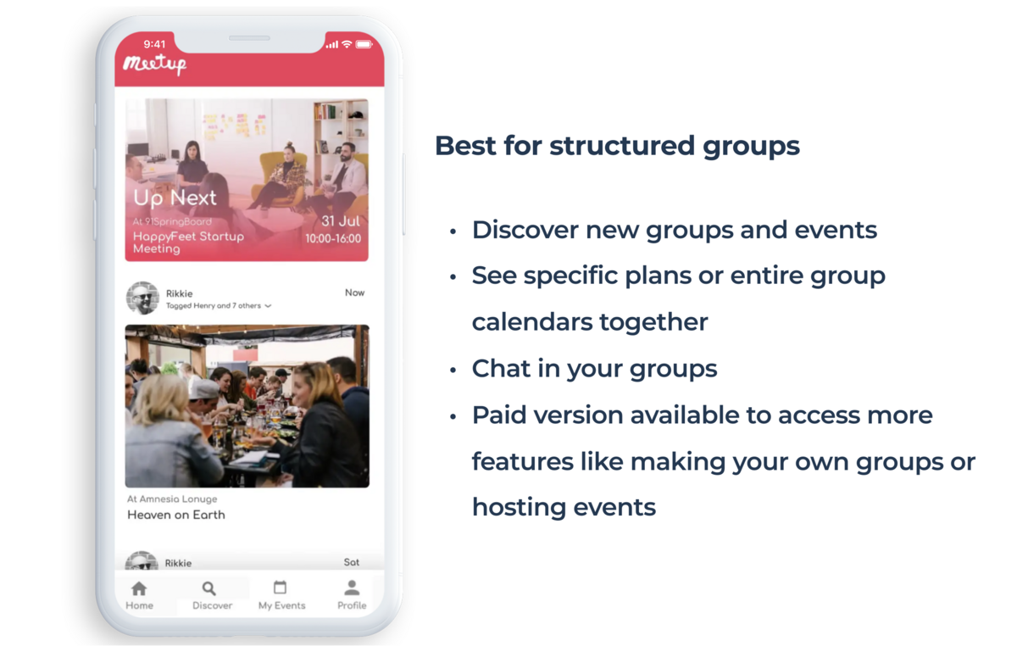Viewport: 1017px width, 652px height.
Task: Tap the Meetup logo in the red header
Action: (155, 64)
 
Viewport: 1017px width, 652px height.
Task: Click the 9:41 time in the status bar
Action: (154, 44)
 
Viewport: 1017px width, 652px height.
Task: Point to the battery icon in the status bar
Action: (364, 44)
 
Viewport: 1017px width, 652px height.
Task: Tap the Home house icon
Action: (139, 588)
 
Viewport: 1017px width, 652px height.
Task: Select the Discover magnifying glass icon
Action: (208, 588)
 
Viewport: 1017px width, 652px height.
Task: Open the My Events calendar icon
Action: (281, 587)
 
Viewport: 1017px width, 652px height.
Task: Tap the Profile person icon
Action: (352, 588)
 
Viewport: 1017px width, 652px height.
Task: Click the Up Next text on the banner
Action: (175, 198)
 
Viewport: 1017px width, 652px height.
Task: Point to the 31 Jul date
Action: (341, 221)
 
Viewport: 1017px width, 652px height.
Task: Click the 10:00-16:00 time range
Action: (333, 238)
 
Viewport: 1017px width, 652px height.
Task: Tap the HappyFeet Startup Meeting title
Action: (188, 242)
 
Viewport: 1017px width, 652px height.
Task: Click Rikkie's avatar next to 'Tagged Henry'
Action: (142, 298)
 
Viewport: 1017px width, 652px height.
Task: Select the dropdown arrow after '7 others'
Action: (268, 306)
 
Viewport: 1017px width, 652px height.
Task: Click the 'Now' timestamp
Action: (354, 293)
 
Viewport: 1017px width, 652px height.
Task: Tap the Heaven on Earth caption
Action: (176, 515)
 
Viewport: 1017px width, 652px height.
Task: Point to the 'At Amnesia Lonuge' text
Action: (172, 499)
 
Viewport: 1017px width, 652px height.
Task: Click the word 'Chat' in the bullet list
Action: (501, 368)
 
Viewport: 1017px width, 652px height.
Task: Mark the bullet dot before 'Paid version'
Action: (453, 417)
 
